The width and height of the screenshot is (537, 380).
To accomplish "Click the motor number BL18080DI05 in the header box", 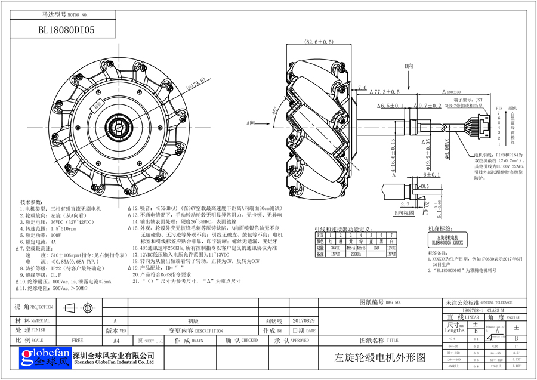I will click(66, 29).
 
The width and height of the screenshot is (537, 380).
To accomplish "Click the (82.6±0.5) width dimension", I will click(319, 42).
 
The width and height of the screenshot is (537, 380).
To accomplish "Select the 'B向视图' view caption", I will click(404, 212).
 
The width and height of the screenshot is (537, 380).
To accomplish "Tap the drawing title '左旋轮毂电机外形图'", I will click(380, 357).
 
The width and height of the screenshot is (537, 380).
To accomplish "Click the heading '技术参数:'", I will click(33, 202).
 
